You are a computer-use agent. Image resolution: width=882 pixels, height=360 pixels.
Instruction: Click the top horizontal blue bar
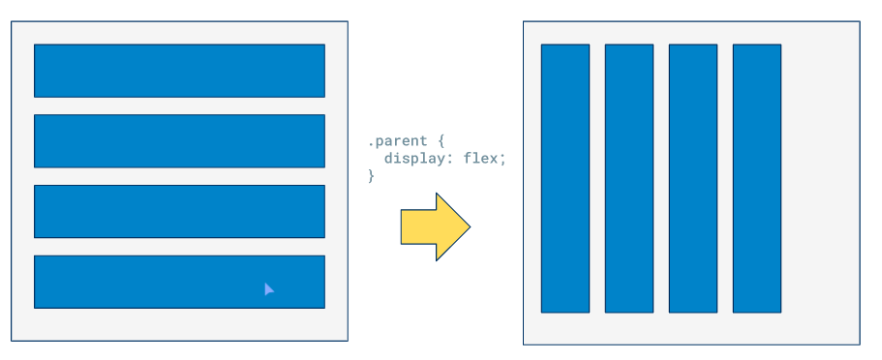179,71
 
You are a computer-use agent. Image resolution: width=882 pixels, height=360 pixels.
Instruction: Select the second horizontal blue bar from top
179,141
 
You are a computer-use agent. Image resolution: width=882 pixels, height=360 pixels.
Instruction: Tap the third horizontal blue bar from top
179,211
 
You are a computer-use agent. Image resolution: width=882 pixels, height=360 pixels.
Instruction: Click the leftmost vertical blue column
565,178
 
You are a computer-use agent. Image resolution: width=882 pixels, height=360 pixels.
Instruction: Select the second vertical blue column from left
629,178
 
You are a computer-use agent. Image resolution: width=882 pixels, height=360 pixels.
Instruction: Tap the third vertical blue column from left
693,178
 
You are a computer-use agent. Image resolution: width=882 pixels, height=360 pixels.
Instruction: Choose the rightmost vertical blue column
757,178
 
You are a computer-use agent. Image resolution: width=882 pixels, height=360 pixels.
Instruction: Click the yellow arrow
431,226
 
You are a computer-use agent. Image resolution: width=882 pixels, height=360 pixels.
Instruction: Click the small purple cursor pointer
269,288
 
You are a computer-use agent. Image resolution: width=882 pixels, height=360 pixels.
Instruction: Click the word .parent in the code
396,141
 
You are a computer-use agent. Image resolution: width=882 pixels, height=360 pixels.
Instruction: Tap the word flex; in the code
485,159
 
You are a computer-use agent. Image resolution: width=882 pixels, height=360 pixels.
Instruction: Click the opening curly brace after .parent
441,141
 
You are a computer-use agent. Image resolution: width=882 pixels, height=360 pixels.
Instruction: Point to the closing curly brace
371,175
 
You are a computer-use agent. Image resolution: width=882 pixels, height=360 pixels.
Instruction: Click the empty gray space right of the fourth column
819,178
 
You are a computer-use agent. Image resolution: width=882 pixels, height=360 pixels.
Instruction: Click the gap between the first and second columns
597,178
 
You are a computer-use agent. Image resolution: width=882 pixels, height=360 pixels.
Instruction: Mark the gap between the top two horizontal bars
179,106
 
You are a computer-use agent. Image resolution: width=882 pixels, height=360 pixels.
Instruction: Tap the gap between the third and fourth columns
725,178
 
